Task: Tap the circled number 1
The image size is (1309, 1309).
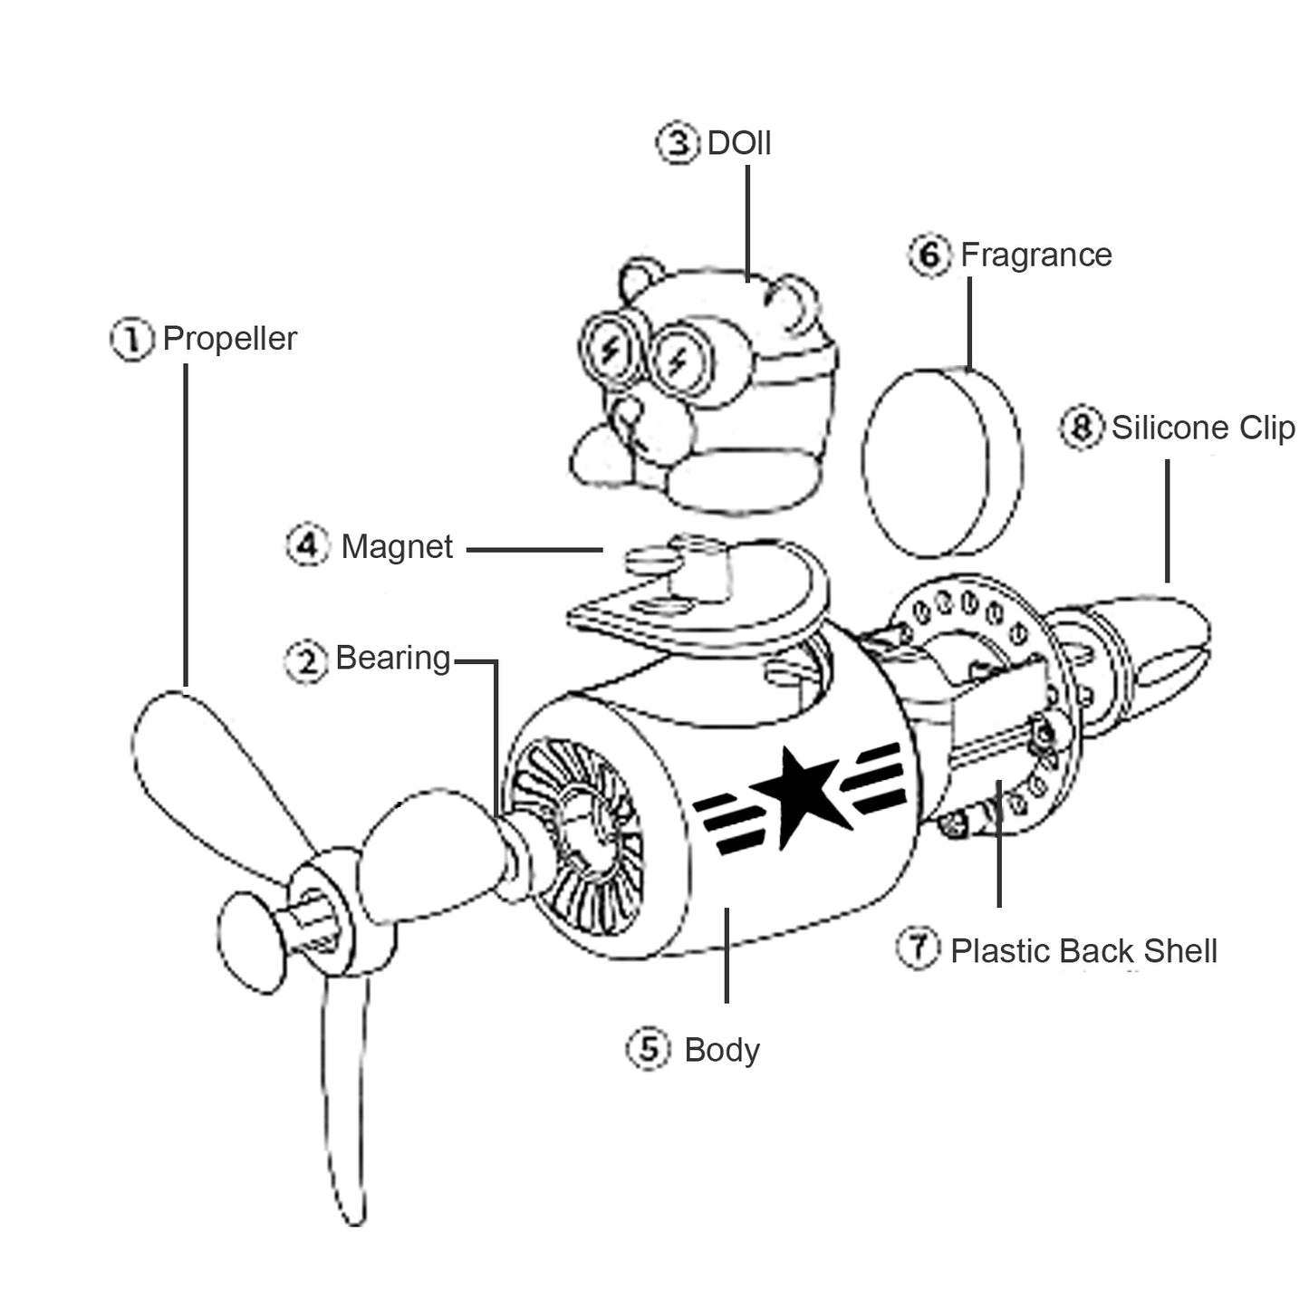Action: (131, 340)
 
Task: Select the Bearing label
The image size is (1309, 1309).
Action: (392, 658)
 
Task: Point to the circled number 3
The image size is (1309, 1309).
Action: (678, 143)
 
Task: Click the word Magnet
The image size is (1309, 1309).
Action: (397, 547)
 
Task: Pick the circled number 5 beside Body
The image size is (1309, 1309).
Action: (649, 1050)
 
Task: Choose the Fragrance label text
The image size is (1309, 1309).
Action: (1036, 255)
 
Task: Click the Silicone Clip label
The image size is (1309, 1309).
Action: (1203, 428)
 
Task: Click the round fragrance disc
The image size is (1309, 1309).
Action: (943, 463)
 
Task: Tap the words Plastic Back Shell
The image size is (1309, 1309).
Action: (1083, 951)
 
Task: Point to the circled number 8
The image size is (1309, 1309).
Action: (1082, 428)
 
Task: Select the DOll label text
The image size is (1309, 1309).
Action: (739, 143)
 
